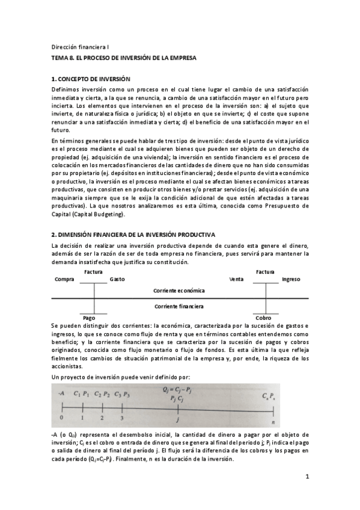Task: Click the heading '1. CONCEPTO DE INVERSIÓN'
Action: click(x=91, y=79)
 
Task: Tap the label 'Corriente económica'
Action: click(x=179, y=290)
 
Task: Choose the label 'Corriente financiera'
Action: click(x=179, y=306)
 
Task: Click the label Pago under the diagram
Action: click(x=89, y=318)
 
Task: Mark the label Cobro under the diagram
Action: click(x=263, y=318)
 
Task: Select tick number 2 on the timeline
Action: click(x=102, y=416)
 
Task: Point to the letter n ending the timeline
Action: click(x=273, y=421)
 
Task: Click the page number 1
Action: click(x=307, y=477)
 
